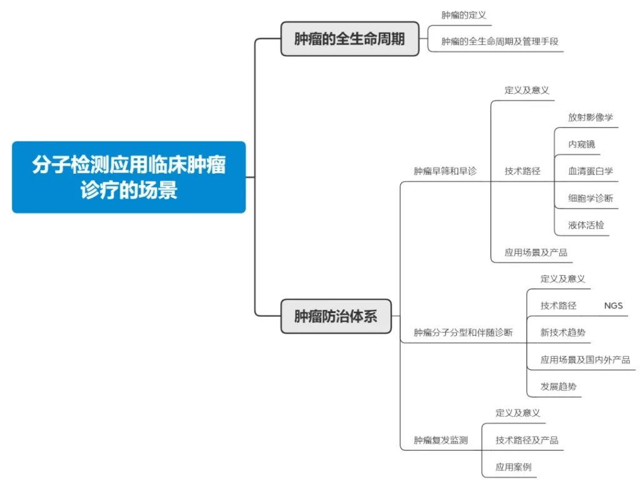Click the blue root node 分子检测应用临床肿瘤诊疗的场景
(129, 177)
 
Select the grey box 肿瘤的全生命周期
(350, 39)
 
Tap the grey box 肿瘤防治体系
(336, 316)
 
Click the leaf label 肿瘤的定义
(464, 16)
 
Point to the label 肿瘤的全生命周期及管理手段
(499, 41)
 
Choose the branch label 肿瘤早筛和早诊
(445, 171)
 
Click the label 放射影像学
(590, 117)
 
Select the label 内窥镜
(581, 144)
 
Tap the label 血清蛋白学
(590, 171)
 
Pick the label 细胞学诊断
(590, 198)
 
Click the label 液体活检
(586, 225)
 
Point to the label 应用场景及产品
(536, 252)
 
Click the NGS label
(613, 306)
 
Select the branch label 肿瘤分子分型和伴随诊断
(463, 332)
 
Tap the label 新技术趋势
(562, 332)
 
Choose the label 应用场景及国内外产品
(585, 359)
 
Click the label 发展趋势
(558, 386)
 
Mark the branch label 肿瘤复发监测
(441, 440)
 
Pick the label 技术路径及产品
(526, 440)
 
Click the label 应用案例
(513, 467)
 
